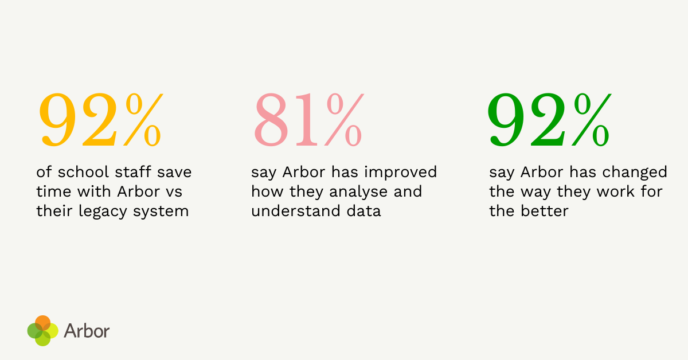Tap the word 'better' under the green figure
545,211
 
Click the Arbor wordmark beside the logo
87,331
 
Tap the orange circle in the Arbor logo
42,322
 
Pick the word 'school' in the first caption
79,172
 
